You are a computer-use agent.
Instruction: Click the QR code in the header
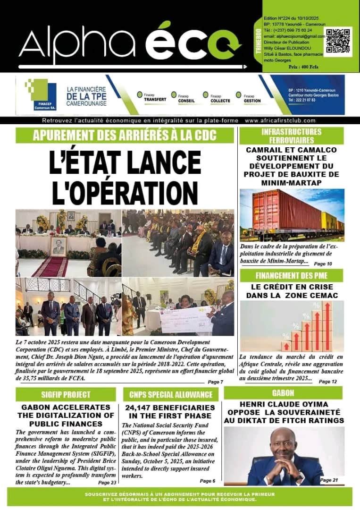pos(338,42)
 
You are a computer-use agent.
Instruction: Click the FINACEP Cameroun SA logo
pos(41,95)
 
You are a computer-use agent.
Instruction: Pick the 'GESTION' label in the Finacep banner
pos(252,101)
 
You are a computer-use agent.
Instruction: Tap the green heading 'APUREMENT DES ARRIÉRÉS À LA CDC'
pos(125,136)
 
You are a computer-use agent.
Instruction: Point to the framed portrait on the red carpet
pos(59,246)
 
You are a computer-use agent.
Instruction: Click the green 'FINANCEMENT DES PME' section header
pos(291,276)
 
